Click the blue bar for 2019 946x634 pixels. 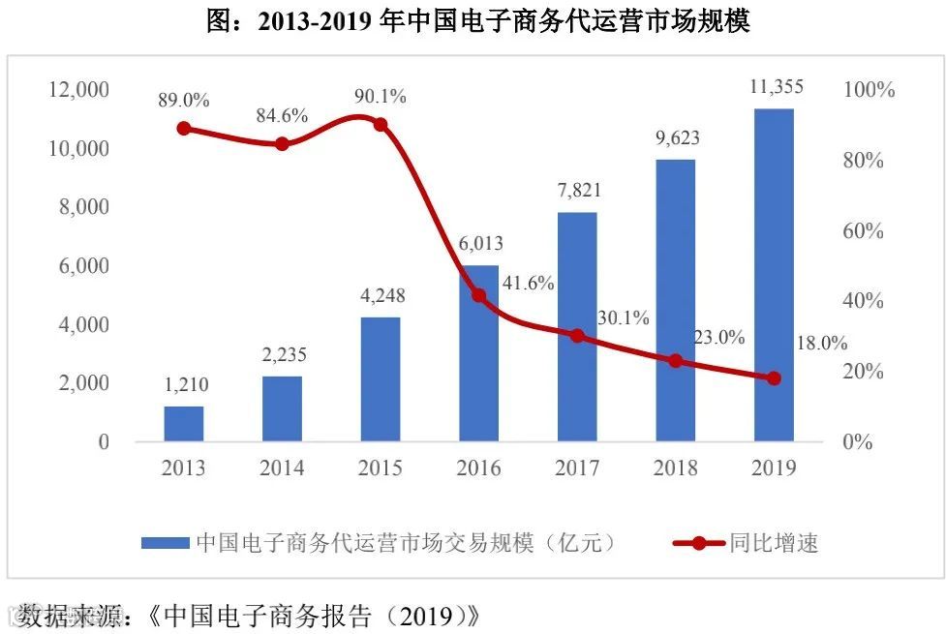click(x=774, y=276)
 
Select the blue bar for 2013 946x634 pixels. click(x=183, y=424)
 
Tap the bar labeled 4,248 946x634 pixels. click(x=381, y=379)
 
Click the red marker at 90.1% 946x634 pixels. click(x=381, y=125)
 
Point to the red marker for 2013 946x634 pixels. click(x=183, y=129)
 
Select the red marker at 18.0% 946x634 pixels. click(x=774, y=378)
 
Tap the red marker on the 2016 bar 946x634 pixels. click(x=478, y=295)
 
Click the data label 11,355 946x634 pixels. click(x=776, y=87)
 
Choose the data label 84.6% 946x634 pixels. click(x=282, y=116)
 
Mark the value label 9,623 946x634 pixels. click(x=676, y=138)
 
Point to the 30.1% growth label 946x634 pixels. click(x=623, y=317)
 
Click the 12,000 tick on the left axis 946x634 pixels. click(x=79, y=90)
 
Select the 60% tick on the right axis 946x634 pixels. click(x=864, y=231)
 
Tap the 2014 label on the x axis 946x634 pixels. click(x=282, y=468)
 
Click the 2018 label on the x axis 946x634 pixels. click(x=676, y=468)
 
